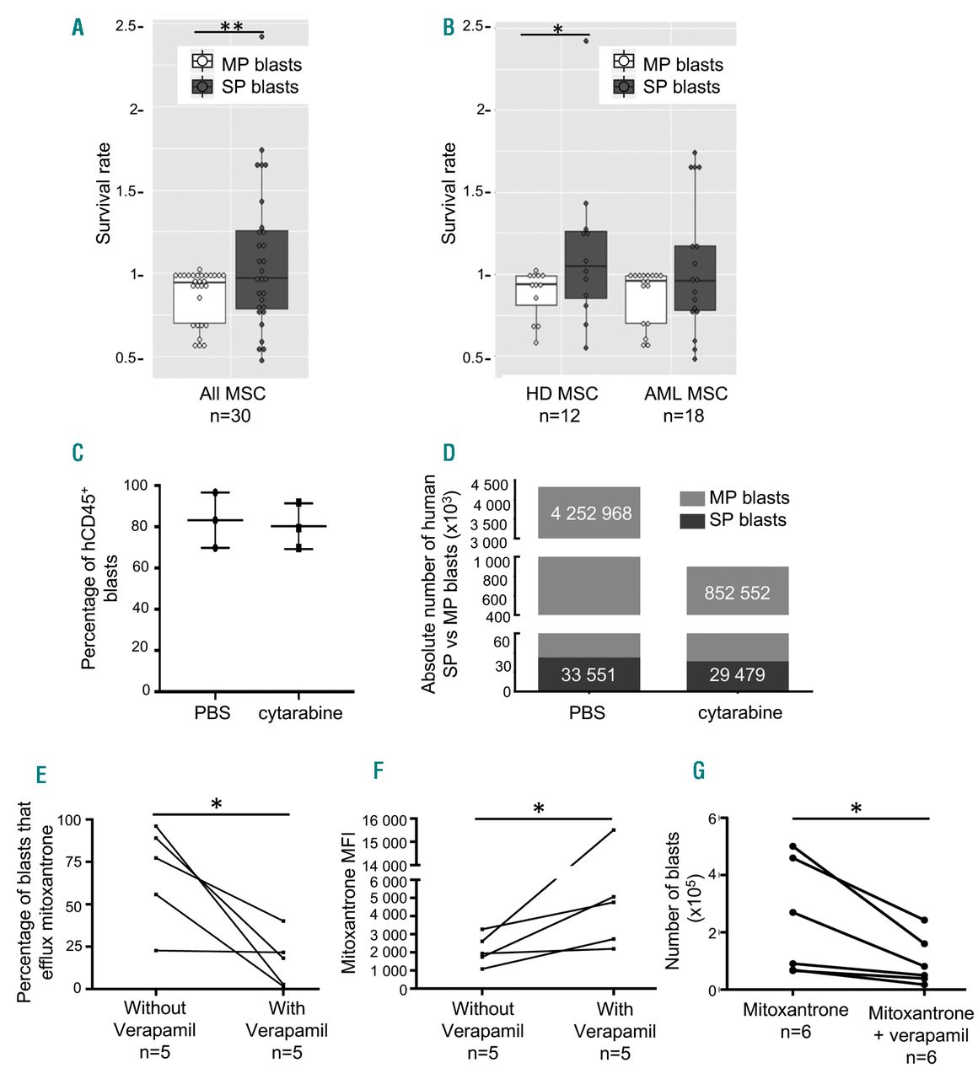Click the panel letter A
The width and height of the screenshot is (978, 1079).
pos(78,28)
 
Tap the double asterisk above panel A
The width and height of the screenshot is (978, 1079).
pos(231,28)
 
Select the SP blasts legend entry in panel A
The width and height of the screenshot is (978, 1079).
pos(245,87)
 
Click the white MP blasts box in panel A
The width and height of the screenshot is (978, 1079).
pos(199,298)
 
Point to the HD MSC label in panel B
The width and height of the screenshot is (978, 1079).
pos(562,394)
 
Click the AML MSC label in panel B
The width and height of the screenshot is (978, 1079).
pos(685,394)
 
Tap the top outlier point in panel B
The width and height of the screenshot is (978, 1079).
pos(586,40)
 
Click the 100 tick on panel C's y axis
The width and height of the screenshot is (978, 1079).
pos(136,486)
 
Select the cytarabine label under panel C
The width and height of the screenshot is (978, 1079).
pos(300,713)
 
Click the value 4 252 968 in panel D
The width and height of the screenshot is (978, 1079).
pos(591,513)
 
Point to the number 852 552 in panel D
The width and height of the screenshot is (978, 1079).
pos(737,593)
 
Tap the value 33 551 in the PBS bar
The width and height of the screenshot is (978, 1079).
pos(588,675)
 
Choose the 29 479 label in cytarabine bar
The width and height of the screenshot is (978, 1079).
pos(737,675)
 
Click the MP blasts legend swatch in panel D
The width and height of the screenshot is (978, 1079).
pos(691,498)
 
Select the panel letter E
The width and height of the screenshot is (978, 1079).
pos(40,775)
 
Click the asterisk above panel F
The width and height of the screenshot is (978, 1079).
pos(538,809)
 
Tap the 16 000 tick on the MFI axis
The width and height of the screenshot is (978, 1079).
pos(384,819)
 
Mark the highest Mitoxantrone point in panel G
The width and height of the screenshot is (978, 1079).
pos(793,845)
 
